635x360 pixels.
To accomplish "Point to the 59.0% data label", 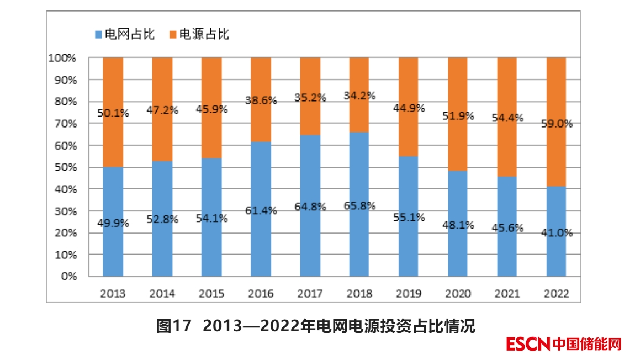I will [556, 124].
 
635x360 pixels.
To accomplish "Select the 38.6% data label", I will [261, 100].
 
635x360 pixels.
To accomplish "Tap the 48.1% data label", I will [458, 225].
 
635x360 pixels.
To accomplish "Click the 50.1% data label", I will [113, 113].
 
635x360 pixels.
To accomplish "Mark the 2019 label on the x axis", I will [409, 294].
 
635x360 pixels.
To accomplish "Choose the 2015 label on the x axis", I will [211, 294].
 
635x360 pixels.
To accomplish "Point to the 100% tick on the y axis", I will [65, 57].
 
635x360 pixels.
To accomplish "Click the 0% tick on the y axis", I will [69, 277].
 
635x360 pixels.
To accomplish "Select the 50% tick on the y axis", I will [67, 167].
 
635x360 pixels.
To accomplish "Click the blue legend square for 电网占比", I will [98, 35].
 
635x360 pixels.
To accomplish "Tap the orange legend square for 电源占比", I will [172, 35].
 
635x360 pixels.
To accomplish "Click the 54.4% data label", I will [507, 118].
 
